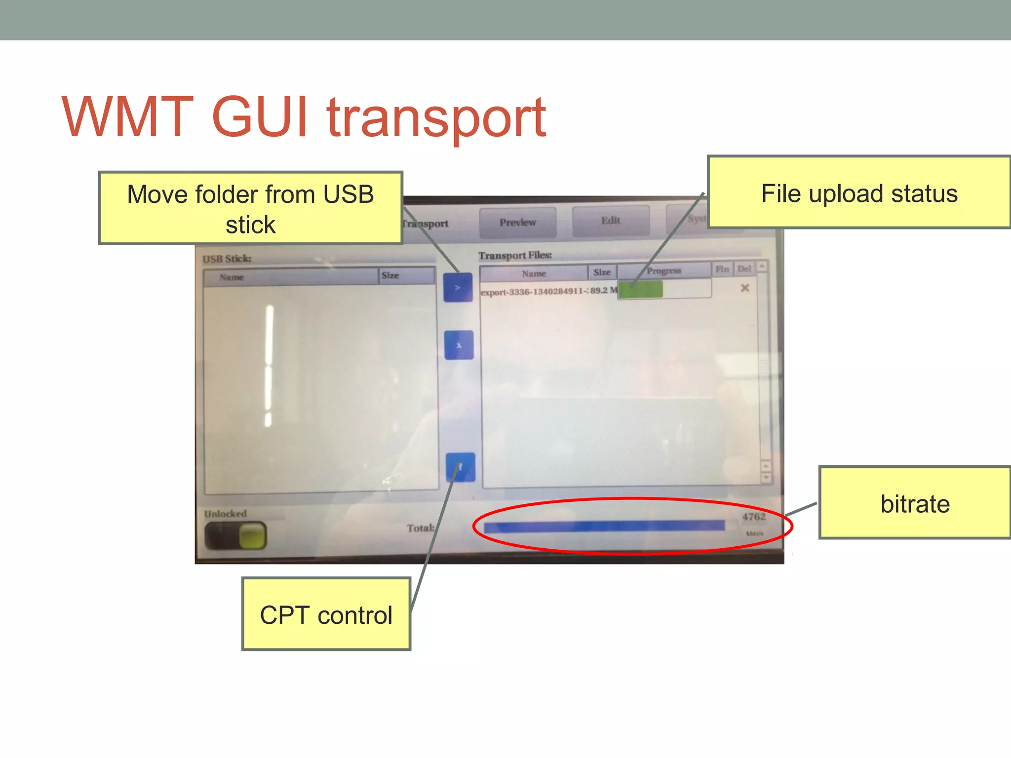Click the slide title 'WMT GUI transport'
tap(304, 117)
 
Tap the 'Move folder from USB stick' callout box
tap(251, 208)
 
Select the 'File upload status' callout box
tap(859, 193)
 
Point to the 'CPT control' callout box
tap(326, 615)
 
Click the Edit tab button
tap(611, 221)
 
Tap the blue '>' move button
tap(458, 287)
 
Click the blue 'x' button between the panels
tap(459, 345)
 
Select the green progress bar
tap(640, 290)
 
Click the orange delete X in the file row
tap(745, 288)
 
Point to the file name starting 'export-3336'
tap(535, 292)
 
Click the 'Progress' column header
tap(663, 271)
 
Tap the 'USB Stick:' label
tap(227, 259)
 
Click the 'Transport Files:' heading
tap(515, 255)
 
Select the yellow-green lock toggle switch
tap(236, 535)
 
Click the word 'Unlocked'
tap(226, 514)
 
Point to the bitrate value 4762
tap(754, 517)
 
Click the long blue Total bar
tap(604, 527)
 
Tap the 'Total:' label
tap(421, 528)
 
